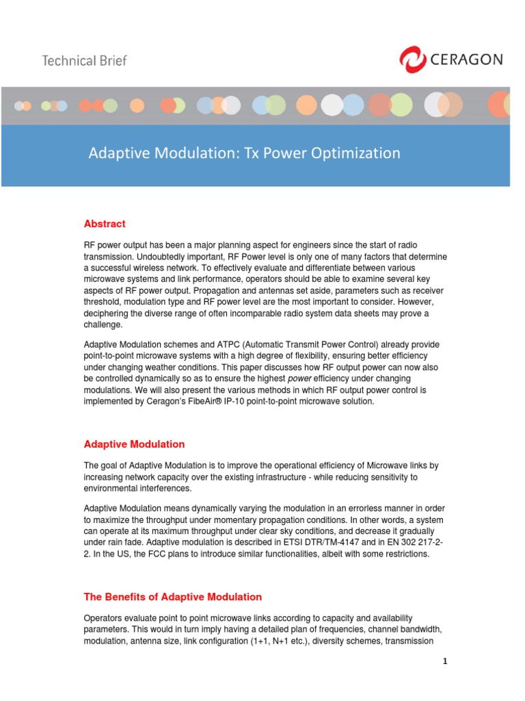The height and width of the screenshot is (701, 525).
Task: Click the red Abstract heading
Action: pos(105,224)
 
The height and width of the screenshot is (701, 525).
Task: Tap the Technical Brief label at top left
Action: pos(85,60)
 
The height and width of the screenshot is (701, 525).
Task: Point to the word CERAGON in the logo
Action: pos(466,60)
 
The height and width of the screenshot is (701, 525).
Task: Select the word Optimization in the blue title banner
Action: pos(356,153)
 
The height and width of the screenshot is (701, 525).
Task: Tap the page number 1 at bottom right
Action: pos(444,661)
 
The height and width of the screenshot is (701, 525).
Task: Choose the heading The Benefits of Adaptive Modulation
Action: pos(172,597)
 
